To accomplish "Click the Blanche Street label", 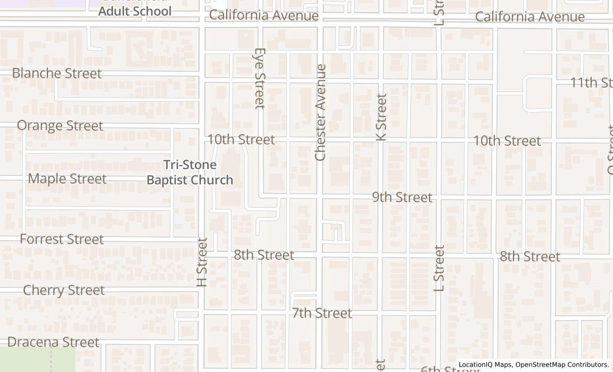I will (56, 73).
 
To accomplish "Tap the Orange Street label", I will (60, 126).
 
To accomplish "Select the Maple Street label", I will (67, 179).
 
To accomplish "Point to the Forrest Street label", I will (62, 239).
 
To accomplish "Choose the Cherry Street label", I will (64, 290).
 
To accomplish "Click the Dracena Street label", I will (53, 342).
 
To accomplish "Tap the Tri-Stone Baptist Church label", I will (190, 173).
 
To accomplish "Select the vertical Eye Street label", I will (260, 79).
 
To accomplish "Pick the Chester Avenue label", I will (320, 112).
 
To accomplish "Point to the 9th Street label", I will (402, 197).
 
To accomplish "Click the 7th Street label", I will (322, 313).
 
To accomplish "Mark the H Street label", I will (202, 262).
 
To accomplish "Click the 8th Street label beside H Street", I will (264, 255).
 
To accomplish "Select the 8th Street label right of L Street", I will (529, 257).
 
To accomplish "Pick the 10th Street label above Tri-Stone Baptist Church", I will (241, 140).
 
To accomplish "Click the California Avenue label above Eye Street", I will (264, 15).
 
